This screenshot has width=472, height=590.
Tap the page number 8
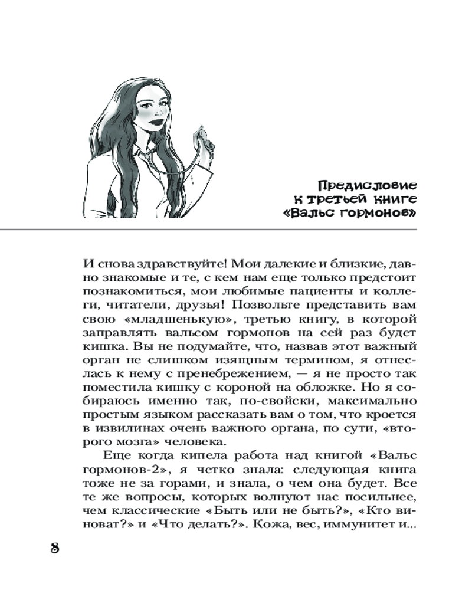54,547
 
